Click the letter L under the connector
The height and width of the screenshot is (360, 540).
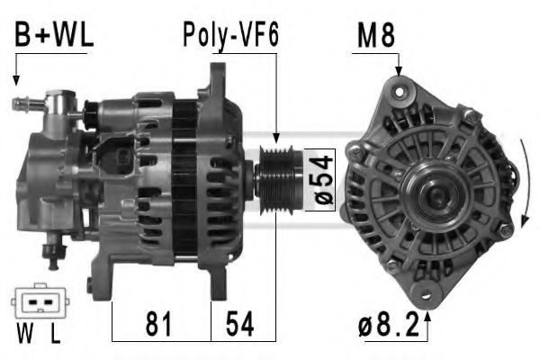[x=55, y=338]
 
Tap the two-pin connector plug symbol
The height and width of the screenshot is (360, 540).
[x=37, y=303]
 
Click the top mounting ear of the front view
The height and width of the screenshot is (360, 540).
[x=399, y=87]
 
